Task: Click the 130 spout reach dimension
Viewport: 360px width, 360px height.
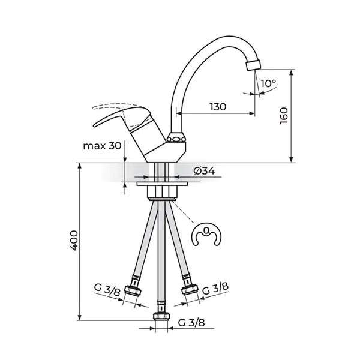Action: (x=218, y=107)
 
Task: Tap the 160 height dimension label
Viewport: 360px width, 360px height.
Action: (x=284, y=116)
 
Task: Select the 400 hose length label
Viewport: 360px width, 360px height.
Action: (x=74, y=241)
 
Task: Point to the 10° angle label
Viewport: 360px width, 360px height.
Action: (x=268, y=83)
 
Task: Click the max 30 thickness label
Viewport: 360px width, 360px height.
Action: (x=102, y=146)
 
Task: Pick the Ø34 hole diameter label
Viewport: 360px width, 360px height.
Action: (x=204, y=171)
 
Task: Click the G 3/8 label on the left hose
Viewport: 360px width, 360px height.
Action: (x=107, y=290)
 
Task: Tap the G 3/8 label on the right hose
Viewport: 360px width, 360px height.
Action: (x=215, y=289)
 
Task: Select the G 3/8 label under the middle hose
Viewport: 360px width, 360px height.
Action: (x=191, y=323)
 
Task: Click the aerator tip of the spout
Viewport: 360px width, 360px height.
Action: (x=253, y=65)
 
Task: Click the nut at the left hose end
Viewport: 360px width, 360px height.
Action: (x=133, y=290)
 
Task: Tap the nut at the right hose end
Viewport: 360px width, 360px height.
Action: (x=190, y=290)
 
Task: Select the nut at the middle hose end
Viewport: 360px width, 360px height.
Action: (x=161, y=316)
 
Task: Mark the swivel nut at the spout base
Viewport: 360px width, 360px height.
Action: (x=176, y=138)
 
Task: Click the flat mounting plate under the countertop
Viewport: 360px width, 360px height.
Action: (x=162, y=184)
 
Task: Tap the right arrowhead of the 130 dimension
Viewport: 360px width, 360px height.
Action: (x=252, y=113)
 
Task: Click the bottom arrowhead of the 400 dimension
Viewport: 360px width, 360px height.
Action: (x=80, y=317)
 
